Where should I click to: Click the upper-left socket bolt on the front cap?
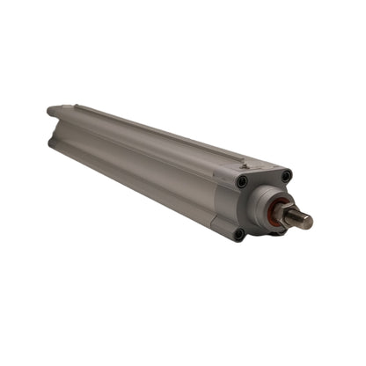tap(242, 181)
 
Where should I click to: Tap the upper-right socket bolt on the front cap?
tap(285, 176)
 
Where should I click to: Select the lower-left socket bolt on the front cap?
tap(238, 233)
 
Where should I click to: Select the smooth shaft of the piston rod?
tap(297, 218)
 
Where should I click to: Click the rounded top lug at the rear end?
tap(53, 111)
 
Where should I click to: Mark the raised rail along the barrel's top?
tap(150, 130)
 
